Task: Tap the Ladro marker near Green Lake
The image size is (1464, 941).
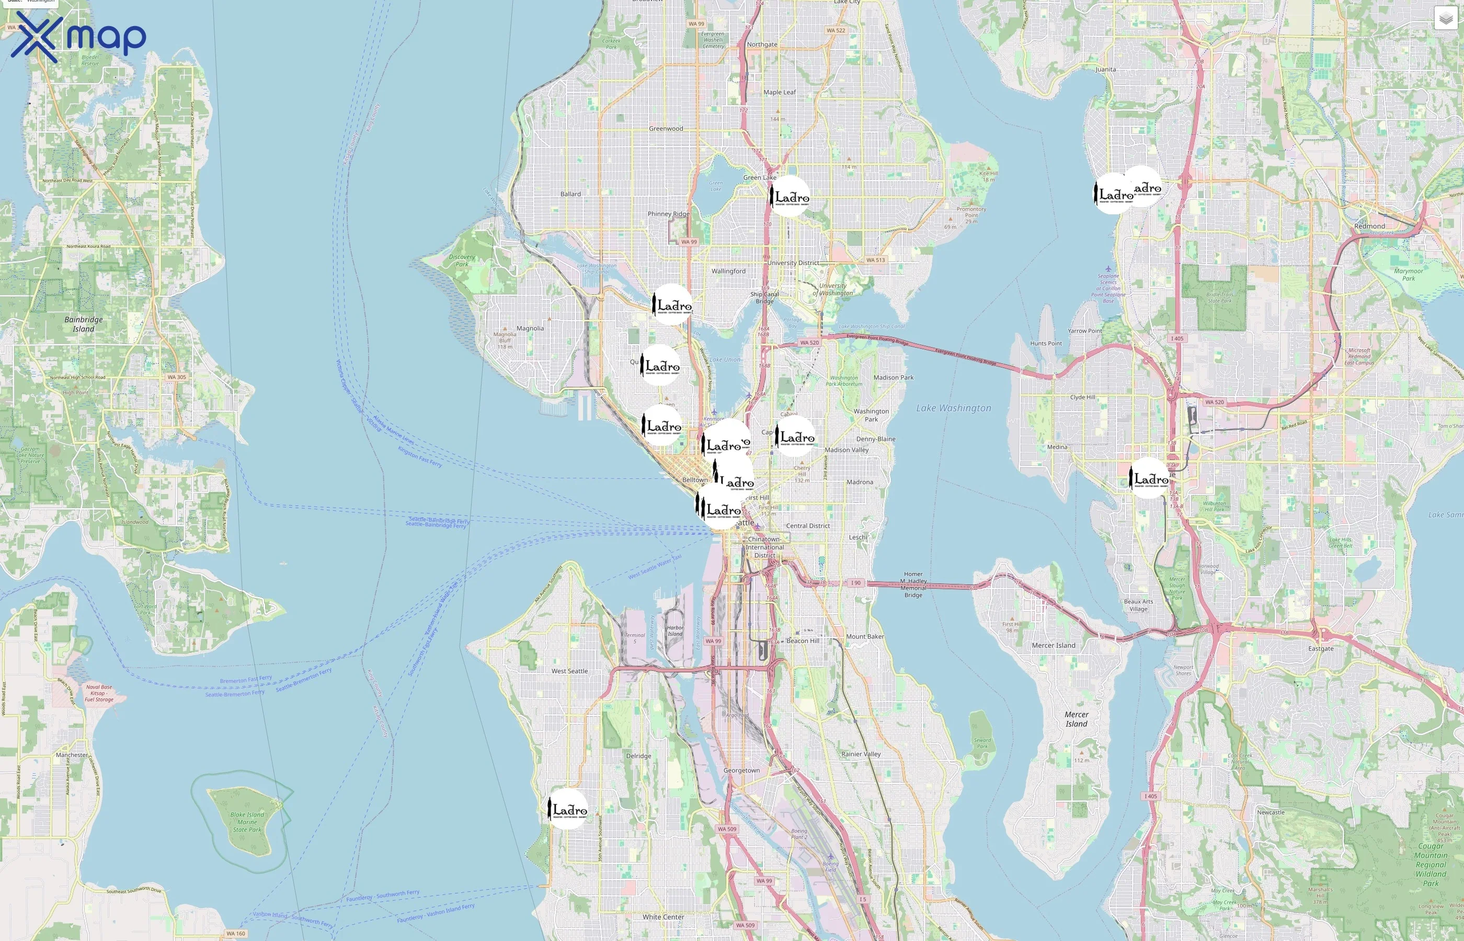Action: click(x=790, y=196)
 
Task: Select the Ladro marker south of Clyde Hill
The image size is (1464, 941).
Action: click(x=1149, y=478)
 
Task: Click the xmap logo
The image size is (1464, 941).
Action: click(x=78, y=37)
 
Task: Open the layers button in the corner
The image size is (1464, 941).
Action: click(x=1446, y=19)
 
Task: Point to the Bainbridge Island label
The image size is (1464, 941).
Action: click(x=84, y=324)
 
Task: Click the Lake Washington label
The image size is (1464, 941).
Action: click(x=953, y=408)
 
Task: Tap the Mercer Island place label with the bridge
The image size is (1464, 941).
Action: click(x=1054, y=645)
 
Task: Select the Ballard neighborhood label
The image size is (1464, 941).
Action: click(x=570, y=194)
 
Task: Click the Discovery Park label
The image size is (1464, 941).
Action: click(x=462, y=260)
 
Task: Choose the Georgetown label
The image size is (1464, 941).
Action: click(x=741, y=771)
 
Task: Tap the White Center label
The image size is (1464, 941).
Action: click(x=663, y=916)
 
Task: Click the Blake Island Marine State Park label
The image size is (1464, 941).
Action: click(x=247, y=822)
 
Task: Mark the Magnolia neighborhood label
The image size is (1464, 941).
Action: click(x=530, y=328)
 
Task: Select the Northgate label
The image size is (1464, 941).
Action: click(x=762, y=44)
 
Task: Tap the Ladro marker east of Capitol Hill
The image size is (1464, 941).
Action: click(x=795, y=437)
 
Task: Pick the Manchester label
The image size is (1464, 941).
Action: click(x=72, y=755)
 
